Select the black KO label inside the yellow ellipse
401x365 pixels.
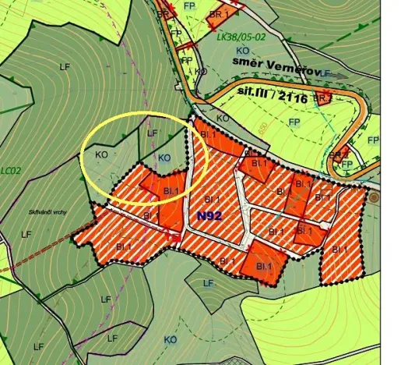(100, 154)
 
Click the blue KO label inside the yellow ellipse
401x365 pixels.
(164, 158)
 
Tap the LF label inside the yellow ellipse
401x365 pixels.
(153, 133)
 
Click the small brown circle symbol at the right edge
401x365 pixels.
(374, 199)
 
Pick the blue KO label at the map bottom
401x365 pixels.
(171, 340)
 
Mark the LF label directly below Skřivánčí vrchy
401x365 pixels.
(26, 234)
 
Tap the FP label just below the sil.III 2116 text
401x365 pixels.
(294, 122)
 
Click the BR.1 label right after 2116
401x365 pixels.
(322, 97)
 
